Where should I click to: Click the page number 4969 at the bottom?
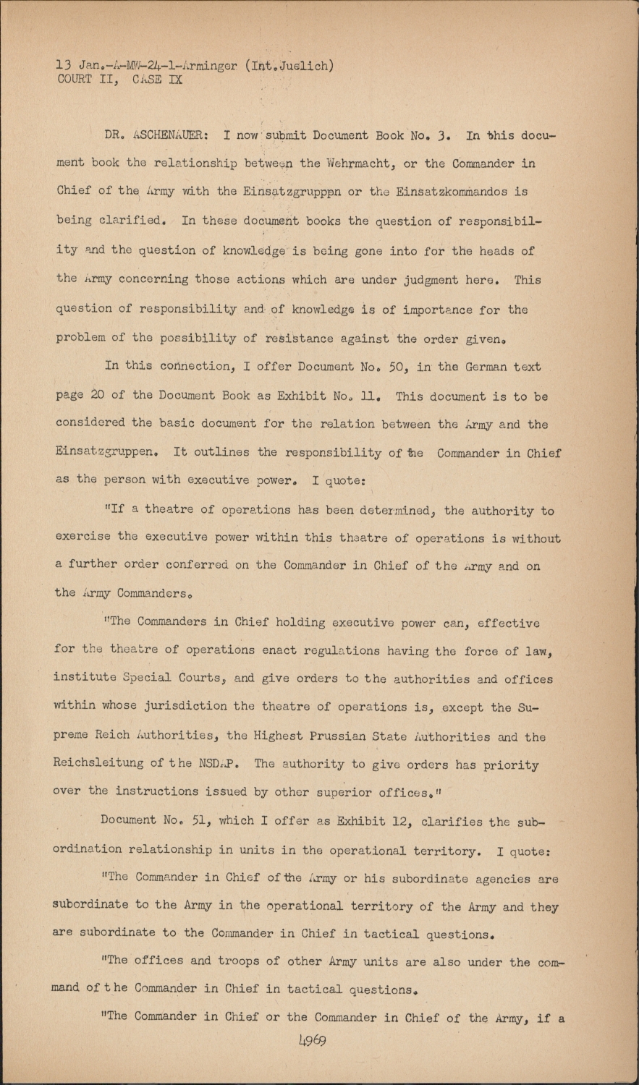(x=311, y=1042)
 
